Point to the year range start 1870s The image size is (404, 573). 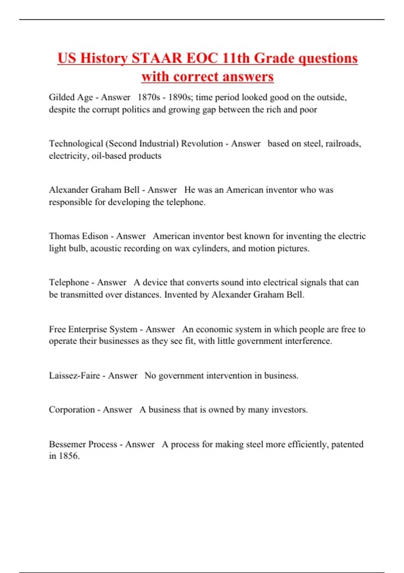pos(148,97)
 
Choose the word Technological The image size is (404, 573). pos(76,144)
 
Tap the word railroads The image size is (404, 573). pos(343,144)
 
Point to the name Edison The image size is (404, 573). pos(94,236)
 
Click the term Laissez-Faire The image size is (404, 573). pos(74,375)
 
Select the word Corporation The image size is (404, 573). pos(72,410)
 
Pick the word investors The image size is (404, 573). pos(289,410)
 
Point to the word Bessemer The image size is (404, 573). pos(66,444)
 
